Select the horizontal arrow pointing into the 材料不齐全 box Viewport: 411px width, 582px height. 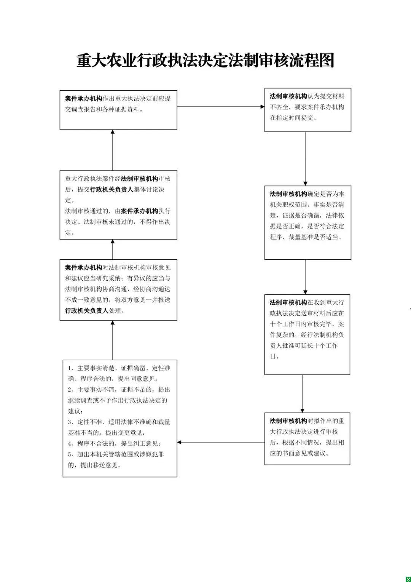coord(221,107)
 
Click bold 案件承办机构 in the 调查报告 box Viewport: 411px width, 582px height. coord(84,99)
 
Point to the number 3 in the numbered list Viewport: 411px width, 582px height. coord(70,422)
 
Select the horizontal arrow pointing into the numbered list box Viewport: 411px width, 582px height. coord(221,442)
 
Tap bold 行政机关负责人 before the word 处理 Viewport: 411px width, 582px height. coord(87,311)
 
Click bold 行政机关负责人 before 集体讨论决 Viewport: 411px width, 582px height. coord(112,190)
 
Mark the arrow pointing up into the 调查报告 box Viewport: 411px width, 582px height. coord(113,150)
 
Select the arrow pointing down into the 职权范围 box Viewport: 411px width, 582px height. coord(305,159)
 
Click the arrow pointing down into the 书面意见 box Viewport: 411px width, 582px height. coord(302,393)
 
